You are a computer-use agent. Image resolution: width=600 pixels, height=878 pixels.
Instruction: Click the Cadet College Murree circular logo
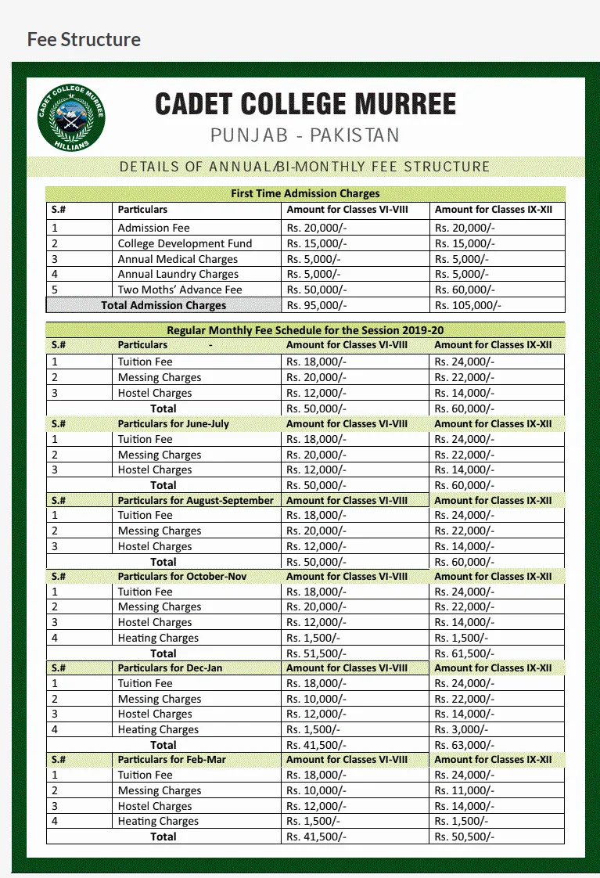[x=71, y=119]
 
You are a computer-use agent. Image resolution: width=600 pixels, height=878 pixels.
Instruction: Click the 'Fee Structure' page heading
[x=84, y=39]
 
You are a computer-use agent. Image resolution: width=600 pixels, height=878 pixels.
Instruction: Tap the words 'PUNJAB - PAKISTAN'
[x=304, y=135]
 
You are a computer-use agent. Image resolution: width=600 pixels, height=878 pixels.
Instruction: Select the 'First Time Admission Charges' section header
[x=305, y=193]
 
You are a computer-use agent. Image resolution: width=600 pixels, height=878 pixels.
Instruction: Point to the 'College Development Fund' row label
[x=185, y=243]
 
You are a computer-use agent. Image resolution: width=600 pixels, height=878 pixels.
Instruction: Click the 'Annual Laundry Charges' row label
[x=178, y=274]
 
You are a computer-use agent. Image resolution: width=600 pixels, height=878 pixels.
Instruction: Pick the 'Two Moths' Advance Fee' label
[x=180, y=290]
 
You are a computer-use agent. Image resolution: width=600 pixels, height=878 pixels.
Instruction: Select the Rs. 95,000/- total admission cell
[x=316, y=305]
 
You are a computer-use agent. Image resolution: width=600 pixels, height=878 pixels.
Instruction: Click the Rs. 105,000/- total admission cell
[x=468, y=305]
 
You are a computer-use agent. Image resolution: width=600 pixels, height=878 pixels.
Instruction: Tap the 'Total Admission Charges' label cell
[x=163, y=305]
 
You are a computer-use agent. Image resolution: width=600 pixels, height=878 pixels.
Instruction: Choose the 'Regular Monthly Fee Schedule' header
[x=305, y=330]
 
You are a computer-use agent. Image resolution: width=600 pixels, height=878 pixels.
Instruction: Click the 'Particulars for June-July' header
[x=173, y=423]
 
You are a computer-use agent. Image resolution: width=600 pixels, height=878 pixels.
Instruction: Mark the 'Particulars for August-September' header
[x=196, y=500]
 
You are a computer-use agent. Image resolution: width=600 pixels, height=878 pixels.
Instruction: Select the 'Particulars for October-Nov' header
[x=181, y=576]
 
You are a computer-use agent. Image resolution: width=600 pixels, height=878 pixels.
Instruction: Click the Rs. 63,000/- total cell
[x=465, y=745]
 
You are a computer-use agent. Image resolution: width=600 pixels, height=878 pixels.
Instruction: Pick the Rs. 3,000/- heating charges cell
[x=462, y=729]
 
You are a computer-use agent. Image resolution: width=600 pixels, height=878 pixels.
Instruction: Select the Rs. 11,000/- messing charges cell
[x=465, y=790]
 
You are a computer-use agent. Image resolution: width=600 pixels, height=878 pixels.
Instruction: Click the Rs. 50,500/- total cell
[x=465, y=837]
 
